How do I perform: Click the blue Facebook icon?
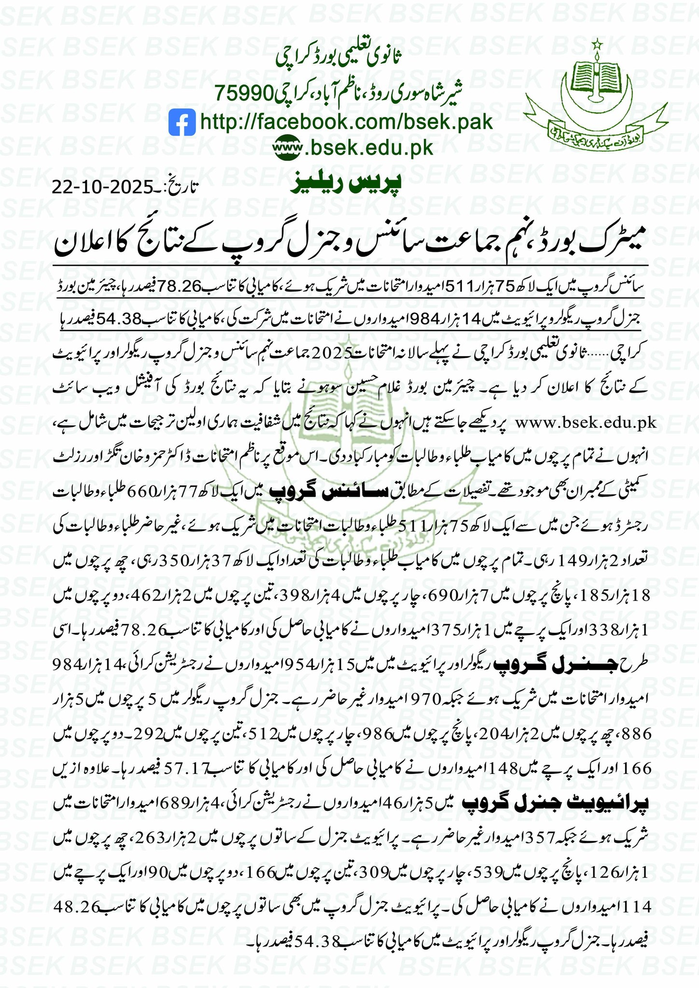pyautogui.click(x=182, y=122)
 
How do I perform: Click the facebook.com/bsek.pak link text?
pyautogui.click(x=346, y=122)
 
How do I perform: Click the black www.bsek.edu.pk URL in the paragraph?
pyautogui.click(x=587, y=423)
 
